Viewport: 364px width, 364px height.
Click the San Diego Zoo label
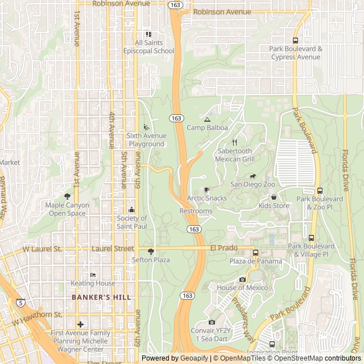click(x=253, y=184)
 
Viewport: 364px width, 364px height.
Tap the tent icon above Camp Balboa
click(x=207, y=120)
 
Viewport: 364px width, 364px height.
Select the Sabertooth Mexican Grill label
click(x=234, y=155)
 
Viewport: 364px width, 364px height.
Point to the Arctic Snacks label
click(x=207, y=198)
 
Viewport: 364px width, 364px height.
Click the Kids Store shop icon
click(x=274, y=197)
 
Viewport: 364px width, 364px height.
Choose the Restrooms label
click(x=196, y=211)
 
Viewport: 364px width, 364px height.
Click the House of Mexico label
click(x=242, y=288)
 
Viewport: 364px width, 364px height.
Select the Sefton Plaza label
click(x=151, y=260)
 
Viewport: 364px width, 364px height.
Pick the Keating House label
click(x=93, y=283)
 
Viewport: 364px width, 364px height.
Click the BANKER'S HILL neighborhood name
click(x=101, y=297)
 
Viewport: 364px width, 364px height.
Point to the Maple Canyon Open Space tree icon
click(x=67, y=197)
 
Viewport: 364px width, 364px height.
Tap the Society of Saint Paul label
click(x=132, y=222)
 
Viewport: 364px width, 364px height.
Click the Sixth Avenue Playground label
click(x=146, y=140)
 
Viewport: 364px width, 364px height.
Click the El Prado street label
click(x=223, y=248)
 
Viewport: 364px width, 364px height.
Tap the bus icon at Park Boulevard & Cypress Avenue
click(x=295, y=40)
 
